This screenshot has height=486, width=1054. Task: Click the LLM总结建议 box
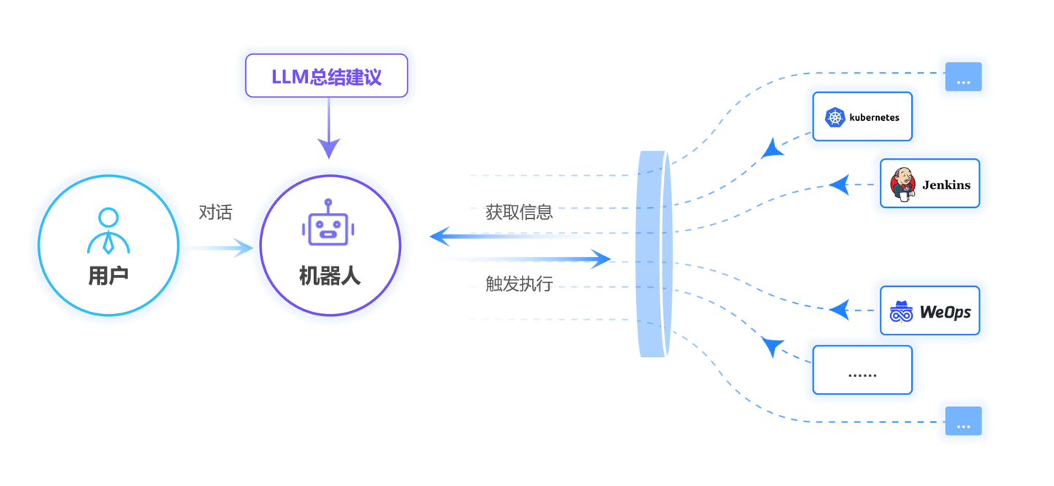point(326,75)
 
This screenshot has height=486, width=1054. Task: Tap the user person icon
point(108,231)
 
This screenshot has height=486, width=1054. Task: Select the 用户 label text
point(108,276)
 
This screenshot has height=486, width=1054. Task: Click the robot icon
point(328,225)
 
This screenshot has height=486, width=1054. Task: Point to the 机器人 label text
point(329,276)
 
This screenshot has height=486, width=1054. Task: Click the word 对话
point(215,213)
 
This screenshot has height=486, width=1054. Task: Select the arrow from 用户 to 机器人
point(220,249)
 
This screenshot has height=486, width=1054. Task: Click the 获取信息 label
point(519,212)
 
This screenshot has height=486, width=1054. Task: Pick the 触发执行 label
point(519,284)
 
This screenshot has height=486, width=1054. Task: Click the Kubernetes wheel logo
point(835,117)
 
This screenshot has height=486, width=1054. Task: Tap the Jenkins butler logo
point(902,184)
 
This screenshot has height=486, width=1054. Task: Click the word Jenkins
point(946,184)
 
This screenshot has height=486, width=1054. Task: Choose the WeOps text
point(944,312)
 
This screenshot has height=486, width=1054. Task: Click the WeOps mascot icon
point(901,312)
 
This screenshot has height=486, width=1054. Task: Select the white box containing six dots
point(862,370)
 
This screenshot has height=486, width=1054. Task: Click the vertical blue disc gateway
point(654,254)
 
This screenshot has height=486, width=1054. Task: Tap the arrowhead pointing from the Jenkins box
point(840,184)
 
